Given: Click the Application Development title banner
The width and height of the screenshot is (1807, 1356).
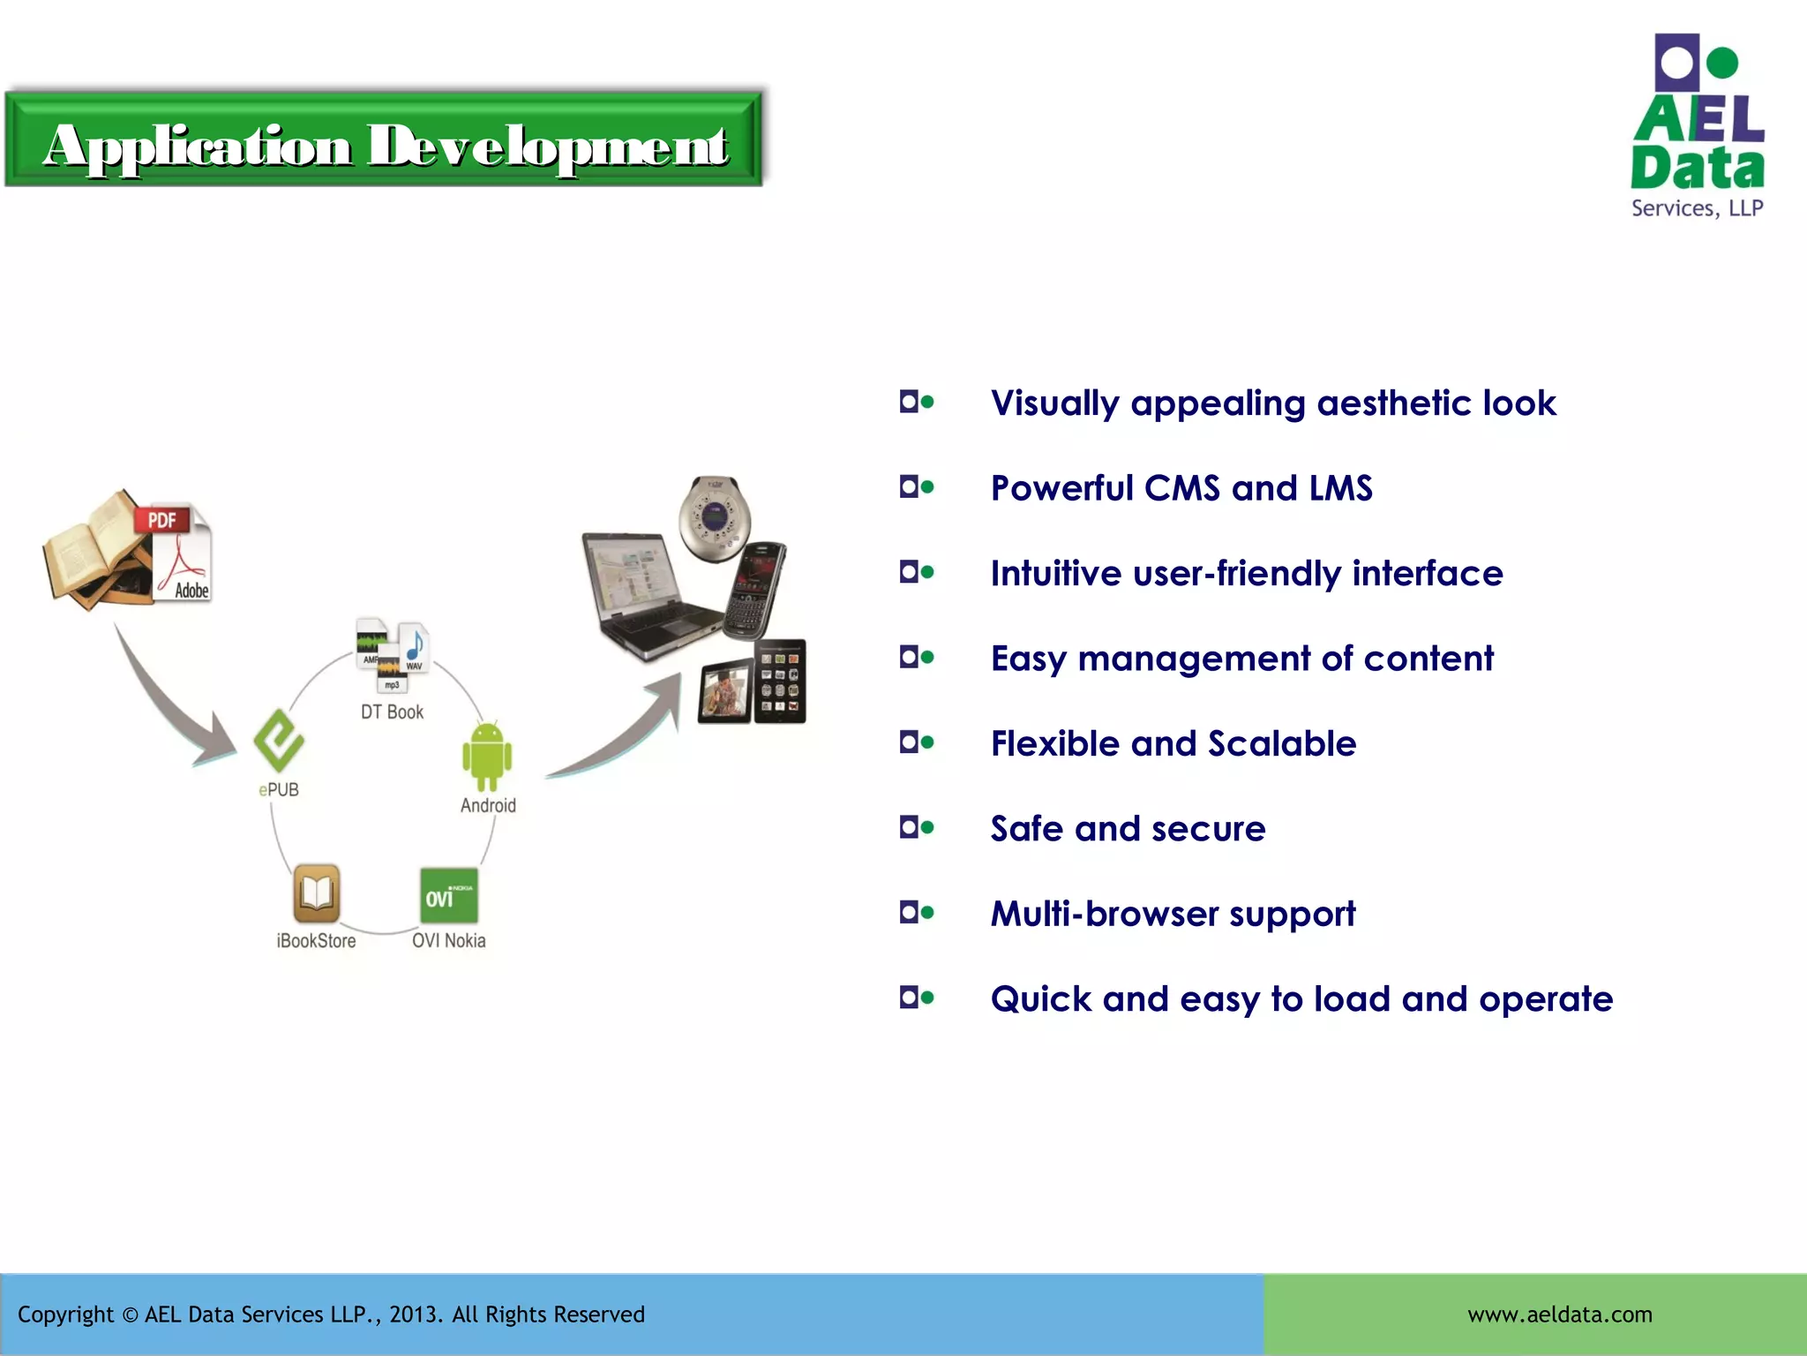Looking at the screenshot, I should coord(384,141).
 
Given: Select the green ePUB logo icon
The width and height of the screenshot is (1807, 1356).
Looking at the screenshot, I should coord(279,740).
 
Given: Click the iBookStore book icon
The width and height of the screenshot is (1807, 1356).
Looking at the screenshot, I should coord(316,893).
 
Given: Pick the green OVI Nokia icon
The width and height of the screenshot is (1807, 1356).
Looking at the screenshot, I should coord(448,895).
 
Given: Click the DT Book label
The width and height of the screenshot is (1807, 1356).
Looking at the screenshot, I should coord(392,712).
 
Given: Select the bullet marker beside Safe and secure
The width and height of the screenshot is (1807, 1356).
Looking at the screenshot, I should coord(916,827).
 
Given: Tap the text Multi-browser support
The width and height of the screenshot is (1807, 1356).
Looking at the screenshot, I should coord(1173,914).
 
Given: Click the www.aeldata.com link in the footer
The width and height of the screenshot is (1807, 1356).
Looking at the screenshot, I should coord(1559,1315).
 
